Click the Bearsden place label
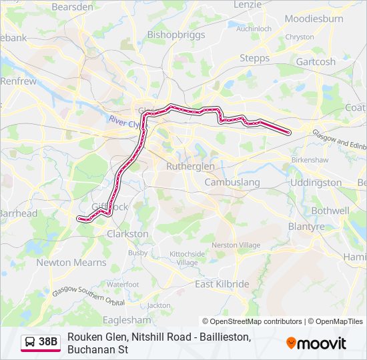point(72,7)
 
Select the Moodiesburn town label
point(314,19)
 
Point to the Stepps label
point(254,59)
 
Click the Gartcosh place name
point(316,61)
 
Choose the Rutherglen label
point(190,166)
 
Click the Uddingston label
point(316,182)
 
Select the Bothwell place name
point(330,211)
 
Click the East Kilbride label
point(222,284)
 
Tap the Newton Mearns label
point(71,263)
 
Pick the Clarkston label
point(127,234)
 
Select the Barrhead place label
point(19,213)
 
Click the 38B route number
point(48,342)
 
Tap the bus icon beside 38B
point(30,342)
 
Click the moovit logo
point(316,343)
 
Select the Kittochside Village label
point(187,258)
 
